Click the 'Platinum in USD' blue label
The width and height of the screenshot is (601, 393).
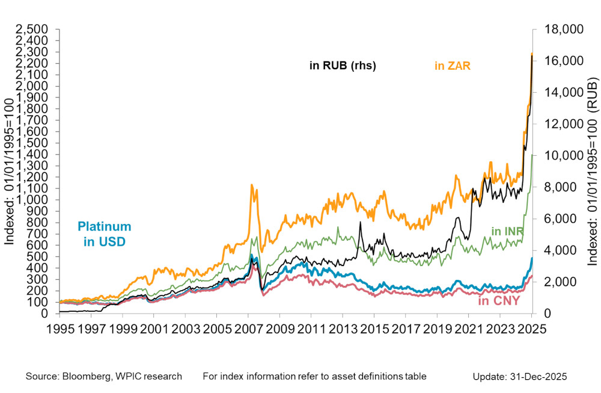pyautogui.click(x=104, y=234)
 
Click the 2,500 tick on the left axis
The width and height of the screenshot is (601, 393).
pyautogui.click(x=34, y=29)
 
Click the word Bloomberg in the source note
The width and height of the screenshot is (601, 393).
pyautogui.click(x=87, y=376)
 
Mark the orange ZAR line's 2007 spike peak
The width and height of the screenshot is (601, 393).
pyautogui.click(x=251, y=185)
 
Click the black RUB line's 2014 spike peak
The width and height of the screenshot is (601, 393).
pyautogui.click(x=359, y=222)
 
